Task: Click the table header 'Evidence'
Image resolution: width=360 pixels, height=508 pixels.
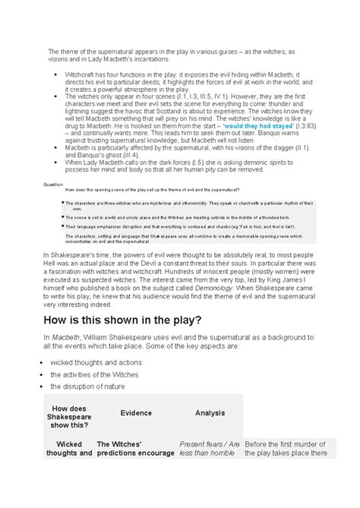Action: pyautogui.click(x=135, y=412)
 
